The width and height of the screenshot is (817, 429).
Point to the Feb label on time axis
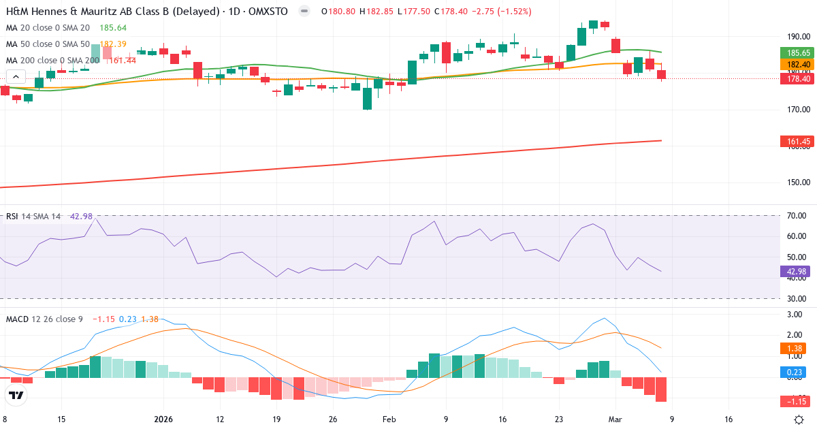(389, 419)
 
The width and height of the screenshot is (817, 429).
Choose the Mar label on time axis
(615, 419)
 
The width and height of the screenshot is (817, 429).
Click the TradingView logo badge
(16, 395)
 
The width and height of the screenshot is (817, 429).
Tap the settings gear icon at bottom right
(801, 419)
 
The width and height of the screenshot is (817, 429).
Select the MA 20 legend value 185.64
(112, 28)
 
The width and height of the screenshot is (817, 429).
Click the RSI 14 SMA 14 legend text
(34, 217)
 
